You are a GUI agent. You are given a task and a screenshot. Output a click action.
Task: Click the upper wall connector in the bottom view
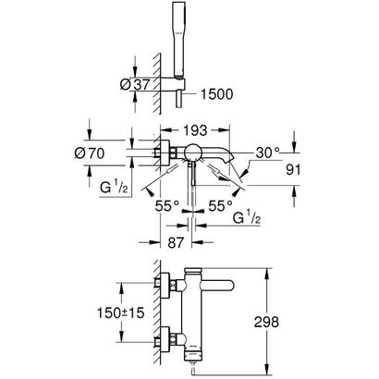tap(165, 285)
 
